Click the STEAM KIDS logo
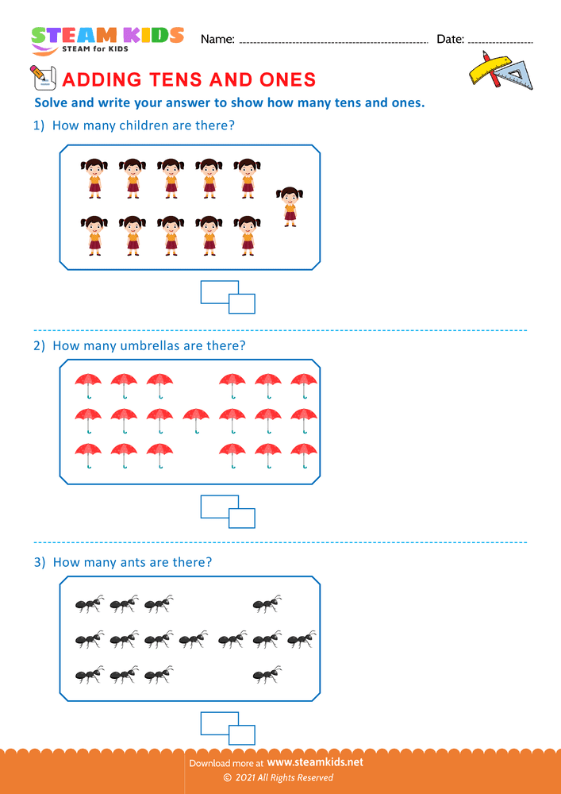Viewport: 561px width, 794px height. pyautogui.click(x=107, y=38)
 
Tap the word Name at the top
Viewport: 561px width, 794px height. pyautogui.click(x=217, y=39)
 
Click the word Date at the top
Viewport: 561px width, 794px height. pyautogui.click(x=450, y=39)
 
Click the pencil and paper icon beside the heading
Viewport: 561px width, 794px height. pyautogui.click(x=40, y=78)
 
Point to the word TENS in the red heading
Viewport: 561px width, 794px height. pyautogui.click(x=177, y=80)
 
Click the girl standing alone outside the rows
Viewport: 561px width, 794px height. pyautogui.click(x=290, y=206)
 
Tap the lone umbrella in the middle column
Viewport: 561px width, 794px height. pyautogui.click(x=196, y=418)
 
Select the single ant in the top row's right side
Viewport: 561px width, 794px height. pyautogui.click(x=267, y=604)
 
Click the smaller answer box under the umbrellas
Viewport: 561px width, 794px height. pyautogui.click(x=242, y=518)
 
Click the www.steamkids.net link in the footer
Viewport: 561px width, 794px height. pyautogui.click(x=321, y=762)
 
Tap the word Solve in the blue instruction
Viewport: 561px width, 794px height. pyautogui.click(x=53, y=102)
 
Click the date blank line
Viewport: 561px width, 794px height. pyautogui.click(x=501, y=41)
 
